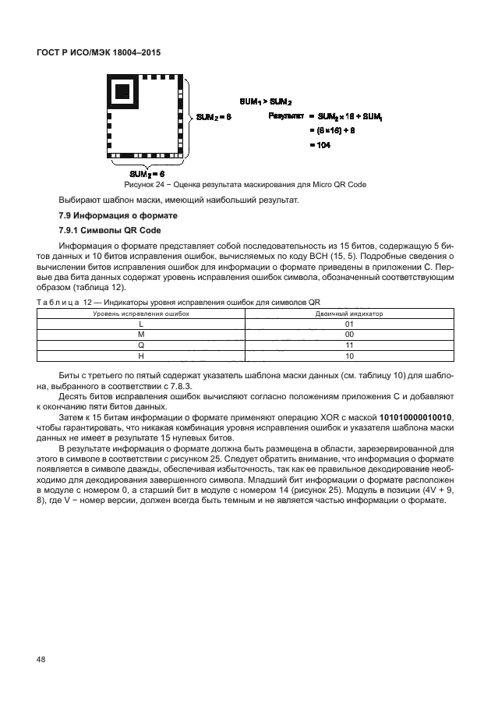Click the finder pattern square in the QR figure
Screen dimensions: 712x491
click(x=122, y=91)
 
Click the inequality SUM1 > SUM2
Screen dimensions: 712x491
click(x=266, y=102)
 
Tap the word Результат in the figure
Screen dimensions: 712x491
click(x=281, y=115)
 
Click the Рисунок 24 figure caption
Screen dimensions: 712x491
click(x=245, y=185)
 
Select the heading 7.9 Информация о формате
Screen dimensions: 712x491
click(x=118, y=214)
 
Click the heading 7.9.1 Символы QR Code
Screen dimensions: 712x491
click(x=109, y=231)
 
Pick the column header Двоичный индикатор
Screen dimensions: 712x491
click(x=348, y=313)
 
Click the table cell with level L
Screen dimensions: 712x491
click(x=141, y=323)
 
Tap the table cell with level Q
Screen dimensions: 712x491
click(x=141, y=344)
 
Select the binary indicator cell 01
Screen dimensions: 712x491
click(x=349, y=323)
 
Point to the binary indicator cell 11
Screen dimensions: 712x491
click(x=349, y=344)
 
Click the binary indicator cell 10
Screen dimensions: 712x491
click(x=349, y=355)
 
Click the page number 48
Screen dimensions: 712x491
click(x=41, y=661)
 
